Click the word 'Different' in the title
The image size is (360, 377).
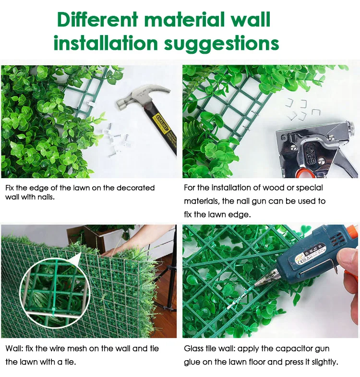[x=97, y=19]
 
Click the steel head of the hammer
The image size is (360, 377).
[x=142, y=96]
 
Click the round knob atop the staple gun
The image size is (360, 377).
[x=350, y=126]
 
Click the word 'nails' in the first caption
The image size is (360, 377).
[x=45, y=197]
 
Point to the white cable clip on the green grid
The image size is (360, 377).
[x=91, y=104]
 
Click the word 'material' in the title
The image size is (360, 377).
[x=185, y=19]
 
